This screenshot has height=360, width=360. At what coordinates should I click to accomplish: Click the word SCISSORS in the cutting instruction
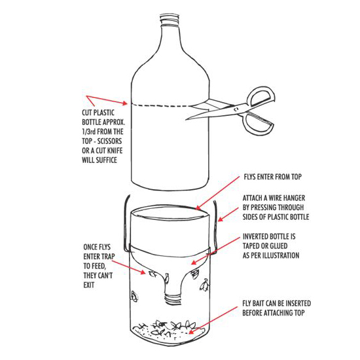pos(109,141)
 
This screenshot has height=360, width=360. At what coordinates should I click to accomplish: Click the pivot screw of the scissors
pos(236,109)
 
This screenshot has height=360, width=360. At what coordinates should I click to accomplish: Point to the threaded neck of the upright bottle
pos(170,20)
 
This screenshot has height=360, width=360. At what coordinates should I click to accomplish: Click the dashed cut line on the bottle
pos(162,105)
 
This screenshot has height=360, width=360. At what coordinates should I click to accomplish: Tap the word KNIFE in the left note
pos(115,151)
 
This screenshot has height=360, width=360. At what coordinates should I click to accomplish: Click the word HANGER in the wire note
pos(294,198)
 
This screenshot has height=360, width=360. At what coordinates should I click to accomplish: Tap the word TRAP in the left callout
pos(108,257)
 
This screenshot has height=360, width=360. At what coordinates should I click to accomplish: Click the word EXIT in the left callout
pos(89,285)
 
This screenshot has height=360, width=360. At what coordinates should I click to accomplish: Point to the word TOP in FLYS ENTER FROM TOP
pos(297,177)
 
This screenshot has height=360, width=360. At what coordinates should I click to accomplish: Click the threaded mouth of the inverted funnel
pos(173,300)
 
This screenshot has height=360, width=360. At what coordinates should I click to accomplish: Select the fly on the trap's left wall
pos(134,297)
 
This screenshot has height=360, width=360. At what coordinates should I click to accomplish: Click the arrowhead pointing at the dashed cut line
pos(124,103)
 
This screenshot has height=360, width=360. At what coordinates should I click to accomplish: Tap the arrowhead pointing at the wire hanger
pos(220,219)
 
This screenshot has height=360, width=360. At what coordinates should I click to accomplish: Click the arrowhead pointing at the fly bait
pos(191,332)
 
